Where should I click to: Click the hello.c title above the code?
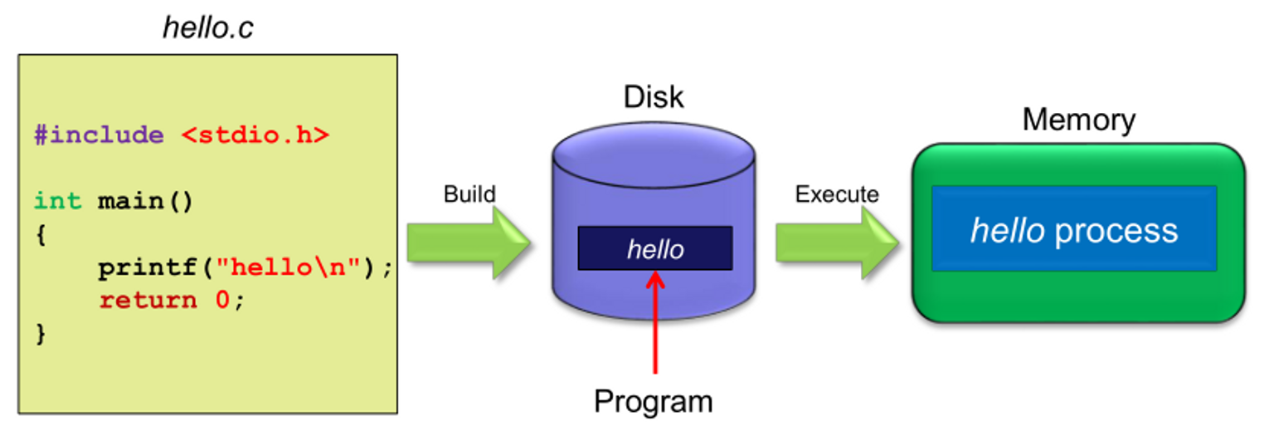[207, 28]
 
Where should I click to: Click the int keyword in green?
[57, 201]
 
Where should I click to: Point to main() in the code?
[145, 201]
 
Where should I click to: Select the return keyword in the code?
[148, 300]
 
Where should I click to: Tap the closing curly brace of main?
[41, 334]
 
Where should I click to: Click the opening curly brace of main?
[41, 235]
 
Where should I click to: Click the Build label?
[469, 194]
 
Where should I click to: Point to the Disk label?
[654, 97]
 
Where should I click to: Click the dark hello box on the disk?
[654, 248]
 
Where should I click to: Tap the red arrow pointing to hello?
[655, 324]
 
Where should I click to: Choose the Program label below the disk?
[653, 401]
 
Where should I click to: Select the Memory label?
[1078, 120]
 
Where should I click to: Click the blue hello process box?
[1073, 229]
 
